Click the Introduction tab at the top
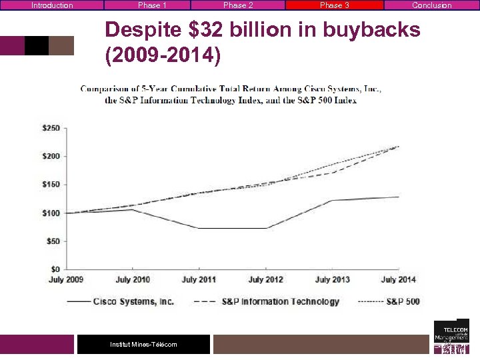(x=52, y=5)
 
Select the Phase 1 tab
(x=152, y=5)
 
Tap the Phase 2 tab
(x=238, y=5)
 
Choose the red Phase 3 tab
(x=334, y=5)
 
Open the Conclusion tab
(x=431, y=5)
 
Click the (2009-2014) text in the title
(x=163, y=55)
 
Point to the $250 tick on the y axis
(x=51, y=128)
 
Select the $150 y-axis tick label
(x=51, y=185)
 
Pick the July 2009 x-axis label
(x=65, y=280)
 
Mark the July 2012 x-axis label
(x=265, y=280)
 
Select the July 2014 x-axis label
(x=398, y=280)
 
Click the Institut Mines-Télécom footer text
(x=143, y=344)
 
